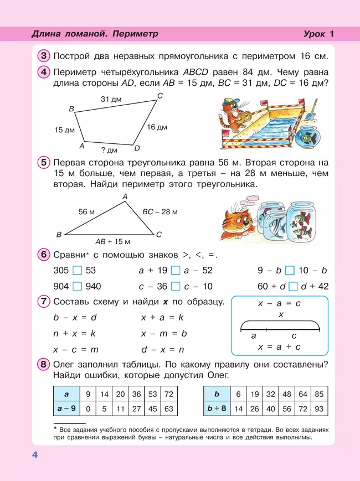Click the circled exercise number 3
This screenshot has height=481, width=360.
[44, 56]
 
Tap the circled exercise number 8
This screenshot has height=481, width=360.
[44, 364]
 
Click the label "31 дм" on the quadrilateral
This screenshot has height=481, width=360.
[111, 99]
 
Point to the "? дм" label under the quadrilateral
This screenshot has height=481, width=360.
[109, 150]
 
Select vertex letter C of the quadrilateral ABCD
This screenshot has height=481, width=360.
[160, 96]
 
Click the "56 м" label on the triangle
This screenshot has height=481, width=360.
[87, 212]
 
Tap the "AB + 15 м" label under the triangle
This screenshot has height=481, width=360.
[112, 241]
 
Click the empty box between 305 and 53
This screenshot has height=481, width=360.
[78, 271]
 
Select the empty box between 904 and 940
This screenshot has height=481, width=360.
[78, 286]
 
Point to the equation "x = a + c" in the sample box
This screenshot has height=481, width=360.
[279, 346]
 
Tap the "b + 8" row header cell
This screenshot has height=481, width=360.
[217, 409]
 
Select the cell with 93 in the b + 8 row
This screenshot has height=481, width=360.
[318, 409]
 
